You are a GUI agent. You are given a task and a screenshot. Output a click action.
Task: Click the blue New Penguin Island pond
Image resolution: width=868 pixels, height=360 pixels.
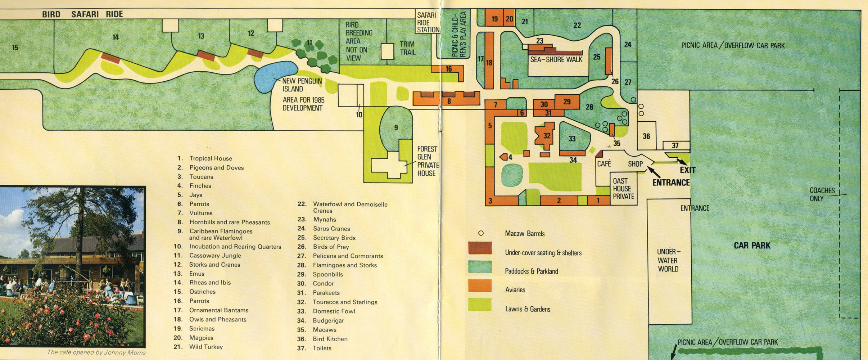click(273, 76)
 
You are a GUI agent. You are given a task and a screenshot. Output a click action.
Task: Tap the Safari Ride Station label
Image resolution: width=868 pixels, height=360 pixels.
click(428, 22)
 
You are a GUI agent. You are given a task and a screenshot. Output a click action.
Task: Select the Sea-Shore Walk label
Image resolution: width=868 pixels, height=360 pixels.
click(556, 59)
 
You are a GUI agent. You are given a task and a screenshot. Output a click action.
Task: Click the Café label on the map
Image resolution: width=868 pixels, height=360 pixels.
click(604, 164)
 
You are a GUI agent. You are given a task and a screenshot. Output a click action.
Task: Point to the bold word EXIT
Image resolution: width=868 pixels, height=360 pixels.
click(687, 170)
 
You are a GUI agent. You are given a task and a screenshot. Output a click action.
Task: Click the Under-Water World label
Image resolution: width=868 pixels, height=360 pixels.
click(668, 260)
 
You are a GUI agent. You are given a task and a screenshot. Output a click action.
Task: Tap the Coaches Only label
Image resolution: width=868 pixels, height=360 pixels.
click(822, 194)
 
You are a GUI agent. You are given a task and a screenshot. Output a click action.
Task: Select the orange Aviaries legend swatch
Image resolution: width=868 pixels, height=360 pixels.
click(480, 285)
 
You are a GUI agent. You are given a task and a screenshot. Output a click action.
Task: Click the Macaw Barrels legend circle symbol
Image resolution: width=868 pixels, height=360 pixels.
click(480, 233)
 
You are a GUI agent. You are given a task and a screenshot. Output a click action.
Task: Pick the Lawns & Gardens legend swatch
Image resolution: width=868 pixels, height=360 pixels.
click(480, 304)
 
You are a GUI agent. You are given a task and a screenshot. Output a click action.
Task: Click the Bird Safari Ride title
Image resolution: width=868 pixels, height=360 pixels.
click(82, 14)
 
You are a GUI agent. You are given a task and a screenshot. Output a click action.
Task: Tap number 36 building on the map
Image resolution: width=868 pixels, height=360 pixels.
click(646, 136)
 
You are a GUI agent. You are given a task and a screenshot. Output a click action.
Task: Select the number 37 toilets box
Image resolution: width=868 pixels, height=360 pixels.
click(675, 145)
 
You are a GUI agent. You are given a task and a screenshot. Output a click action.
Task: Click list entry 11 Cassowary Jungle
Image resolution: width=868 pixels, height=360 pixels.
click(215, 256)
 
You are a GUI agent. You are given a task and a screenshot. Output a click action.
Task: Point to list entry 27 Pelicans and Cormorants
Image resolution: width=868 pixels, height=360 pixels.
click(348, 256)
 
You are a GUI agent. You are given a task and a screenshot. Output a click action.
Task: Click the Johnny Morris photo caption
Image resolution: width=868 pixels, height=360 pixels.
click(96, 352)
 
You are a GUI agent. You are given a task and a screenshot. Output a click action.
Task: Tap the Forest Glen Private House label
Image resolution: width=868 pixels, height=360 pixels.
click(427, 161)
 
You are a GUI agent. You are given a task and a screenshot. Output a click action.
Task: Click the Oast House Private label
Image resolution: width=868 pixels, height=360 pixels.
click(623, 189)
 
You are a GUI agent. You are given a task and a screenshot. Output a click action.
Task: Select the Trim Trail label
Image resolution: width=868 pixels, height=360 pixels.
click(407, 48)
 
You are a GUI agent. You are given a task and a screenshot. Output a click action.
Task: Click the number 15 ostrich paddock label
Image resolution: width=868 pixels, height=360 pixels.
click(15, 47)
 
